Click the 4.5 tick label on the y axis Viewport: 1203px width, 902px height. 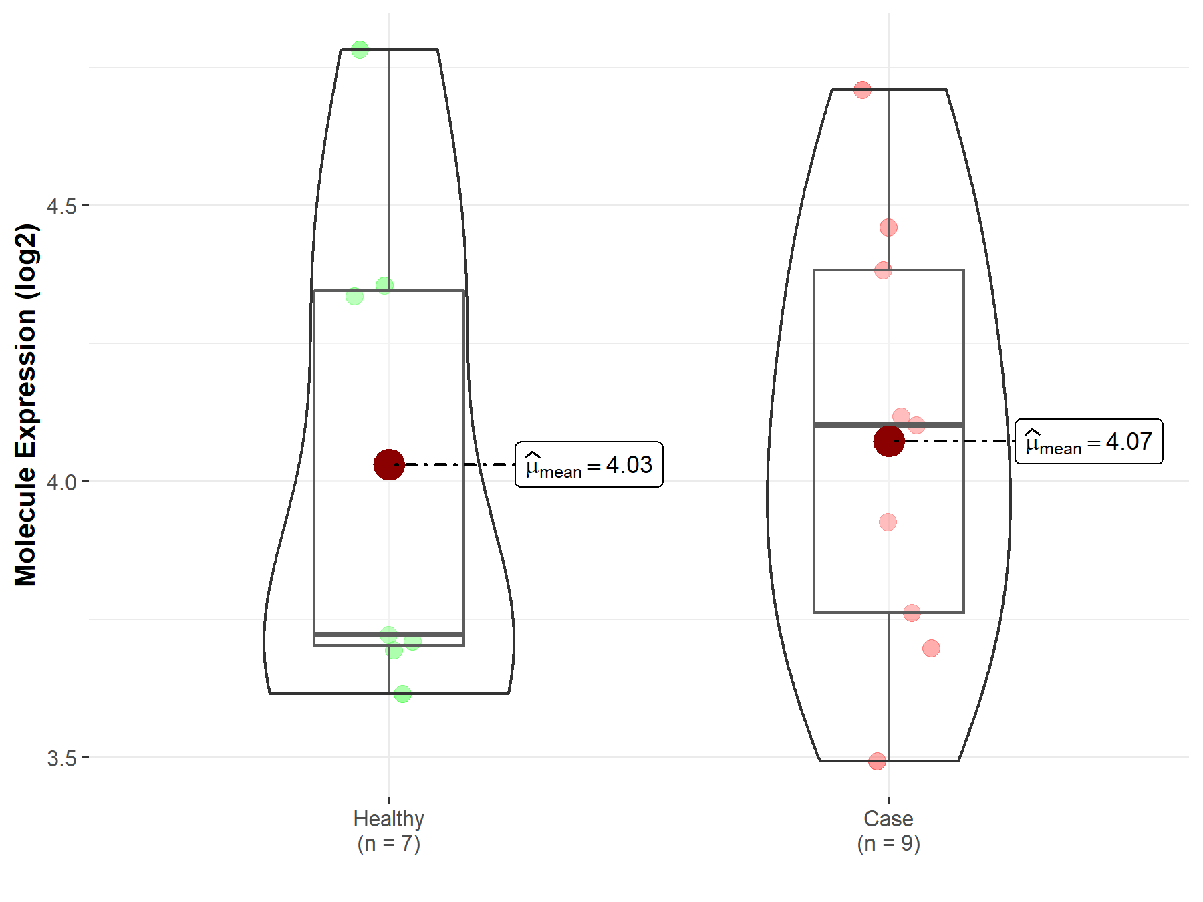point(61,206)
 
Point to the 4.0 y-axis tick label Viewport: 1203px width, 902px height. point(61,482)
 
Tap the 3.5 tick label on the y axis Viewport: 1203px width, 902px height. point(61,758)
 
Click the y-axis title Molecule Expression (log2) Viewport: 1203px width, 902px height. point(25,405)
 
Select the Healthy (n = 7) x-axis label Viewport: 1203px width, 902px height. point(389,831)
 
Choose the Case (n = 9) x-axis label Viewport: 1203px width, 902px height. point(889,831)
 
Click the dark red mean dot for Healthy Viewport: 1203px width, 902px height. point(389,464)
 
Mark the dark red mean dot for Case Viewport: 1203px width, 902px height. point(889,441)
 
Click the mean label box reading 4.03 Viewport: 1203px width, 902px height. point(589,464)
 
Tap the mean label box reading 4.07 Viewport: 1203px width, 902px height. point(1089,441)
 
